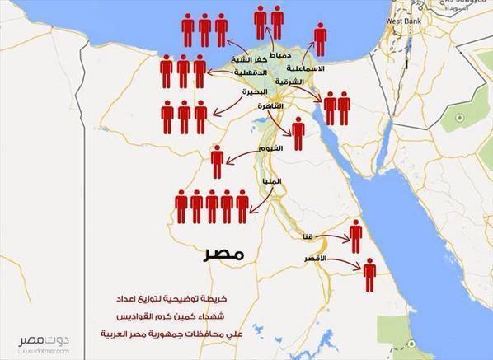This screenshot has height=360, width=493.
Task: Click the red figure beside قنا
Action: (x=355, y=236)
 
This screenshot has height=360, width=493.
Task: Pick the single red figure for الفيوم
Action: (x=218, y=161)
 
